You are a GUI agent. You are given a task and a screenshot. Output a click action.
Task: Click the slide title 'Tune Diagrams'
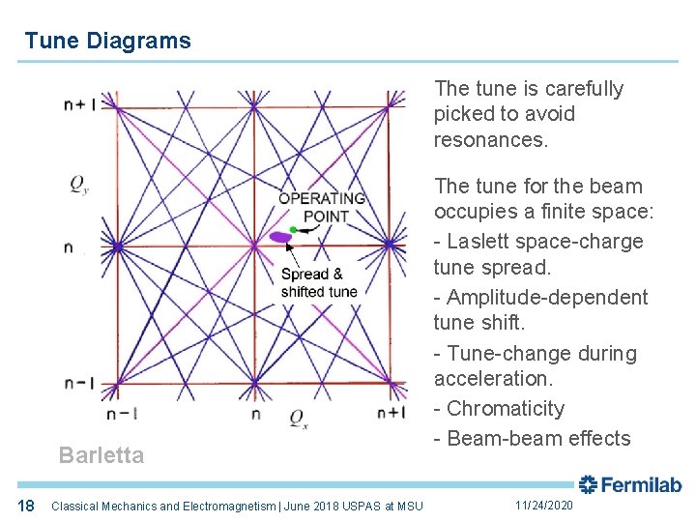[x=107, y=41]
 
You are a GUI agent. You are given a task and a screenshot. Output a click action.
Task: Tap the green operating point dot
[x=293, y=229]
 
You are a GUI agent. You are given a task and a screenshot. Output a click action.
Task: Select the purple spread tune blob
[x=280, y=237]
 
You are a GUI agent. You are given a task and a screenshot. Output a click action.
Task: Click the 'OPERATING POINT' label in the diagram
[x=322, y=207]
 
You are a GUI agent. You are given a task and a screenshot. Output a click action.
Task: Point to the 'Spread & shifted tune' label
[x=318, y=283]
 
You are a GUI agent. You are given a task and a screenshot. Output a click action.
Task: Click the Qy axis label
[x=80, y=185]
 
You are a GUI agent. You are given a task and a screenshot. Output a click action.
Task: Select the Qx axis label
[x=298, y=419]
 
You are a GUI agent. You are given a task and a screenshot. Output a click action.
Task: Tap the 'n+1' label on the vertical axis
[x=79, y=105]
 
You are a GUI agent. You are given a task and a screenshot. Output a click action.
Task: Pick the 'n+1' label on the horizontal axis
[x=391, y=414]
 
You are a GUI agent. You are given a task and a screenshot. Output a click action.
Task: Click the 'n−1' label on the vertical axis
[x=79, y=383]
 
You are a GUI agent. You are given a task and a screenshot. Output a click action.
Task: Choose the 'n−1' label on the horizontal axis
[x=122, y=414]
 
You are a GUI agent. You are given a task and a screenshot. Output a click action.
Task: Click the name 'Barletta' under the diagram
[x=101, y=455]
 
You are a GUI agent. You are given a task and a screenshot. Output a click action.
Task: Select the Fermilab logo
[x=630, y=484]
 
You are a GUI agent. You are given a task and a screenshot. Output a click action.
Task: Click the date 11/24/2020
[x=543, y=506]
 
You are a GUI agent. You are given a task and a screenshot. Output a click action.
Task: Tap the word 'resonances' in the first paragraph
[x=488, y=139]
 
